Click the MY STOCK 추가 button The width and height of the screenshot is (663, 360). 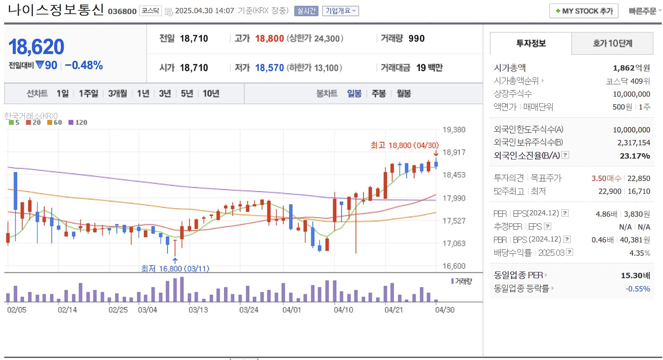coord(584,11)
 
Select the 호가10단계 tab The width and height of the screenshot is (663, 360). coord(612,43)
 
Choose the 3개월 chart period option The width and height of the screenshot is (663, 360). coord(117,93)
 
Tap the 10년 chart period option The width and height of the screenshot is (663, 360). coord(211,93)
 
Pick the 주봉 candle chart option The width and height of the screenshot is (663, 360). coord(378,93)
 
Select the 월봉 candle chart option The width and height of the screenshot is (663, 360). coord(404,93)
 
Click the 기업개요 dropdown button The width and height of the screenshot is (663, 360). coord(340,11)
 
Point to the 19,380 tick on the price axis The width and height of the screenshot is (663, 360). coord(454,130)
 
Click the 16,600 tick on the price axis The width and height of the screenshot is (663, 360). coord(454,266)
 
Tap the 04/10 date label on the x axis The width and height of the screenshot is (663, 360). coord(343,310)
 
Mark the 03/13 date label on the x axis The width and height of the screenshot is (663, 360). coord(198,310)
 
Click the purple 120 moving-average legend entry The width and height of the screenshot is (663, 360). coord(78,122)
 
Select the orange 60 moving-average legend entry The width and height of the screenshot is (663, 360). coord(55,122)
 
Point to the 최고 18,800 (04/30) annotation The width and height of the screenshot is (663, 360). coord(404,145)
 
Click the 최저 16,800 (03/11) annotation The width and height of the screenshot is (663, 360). coord(175,269)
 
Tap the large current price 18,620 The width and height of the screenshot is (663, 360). coord(37,47)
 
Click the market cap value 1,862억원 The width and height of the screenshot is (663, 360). coord(631,68)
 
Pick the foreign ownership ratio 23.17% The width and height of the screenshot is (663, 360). coord(635,156)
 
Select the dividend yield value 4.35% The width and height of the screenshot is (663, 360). coord(639,253)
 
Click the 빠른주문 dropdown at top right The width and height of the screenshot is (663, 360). coord(644,11)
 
